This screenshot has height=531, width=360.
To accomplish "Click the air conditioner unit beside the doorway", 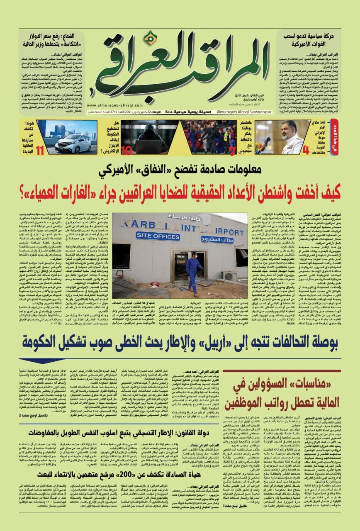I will point(229,275).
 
